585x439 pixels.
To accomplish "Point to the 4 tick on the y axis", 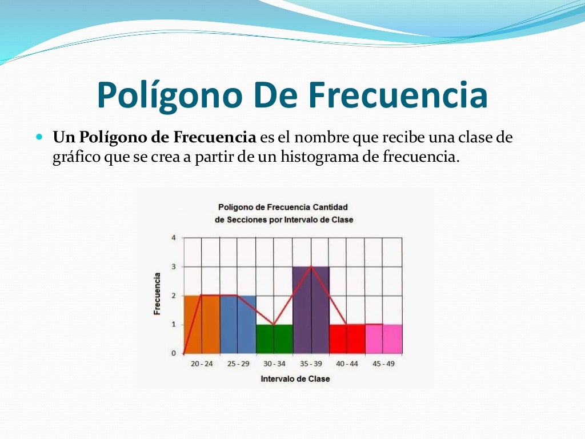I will point(174,238).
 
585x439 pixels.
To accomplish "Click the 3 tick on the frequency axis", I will point(174,267).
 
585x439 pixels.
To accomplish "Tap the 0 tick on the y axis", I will point(174,353).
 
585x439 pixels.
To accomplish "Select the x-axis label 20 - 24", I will point(201,364).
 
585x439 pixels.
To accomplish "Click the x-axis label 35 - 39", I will point(311,364).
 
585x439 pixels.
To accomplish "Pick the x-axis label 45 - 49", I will point(383,364).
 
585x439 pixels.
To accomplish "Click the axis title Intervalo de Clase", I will point(295,378).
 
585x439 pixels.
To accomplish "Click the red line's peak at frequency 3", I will point(311,266).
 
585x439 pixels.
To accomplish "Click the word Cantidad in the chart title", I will point(330,206).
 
